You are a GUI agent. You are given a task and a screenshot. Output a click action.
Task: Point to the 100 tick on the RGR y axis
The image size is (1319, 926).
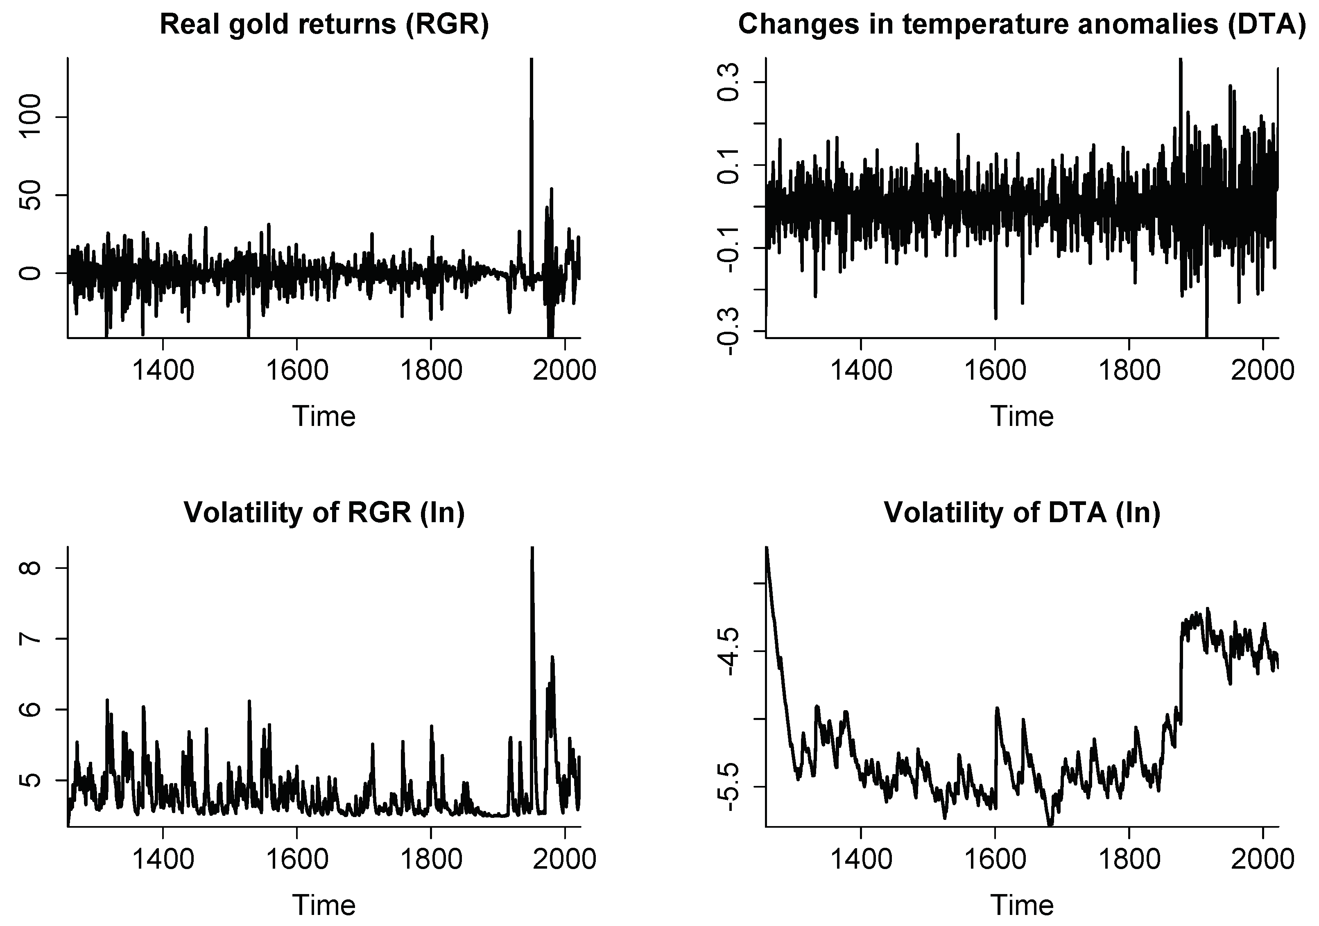point(30,117)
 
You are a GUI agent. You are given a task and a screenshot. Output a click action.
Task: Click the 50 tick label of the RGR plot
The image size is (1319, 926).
point(30,195)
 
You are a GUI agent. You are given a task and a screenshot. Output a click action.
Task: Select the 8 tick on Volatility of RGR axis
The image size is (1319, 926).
point(30,568)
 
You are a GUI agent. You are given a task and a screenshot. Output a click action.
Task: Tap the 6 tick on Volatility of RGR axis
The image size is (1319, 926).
point(30,709)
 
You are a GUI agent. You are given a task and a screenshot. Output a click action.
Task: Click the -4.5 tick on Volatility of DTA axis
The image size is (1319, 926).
point(729,651)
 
